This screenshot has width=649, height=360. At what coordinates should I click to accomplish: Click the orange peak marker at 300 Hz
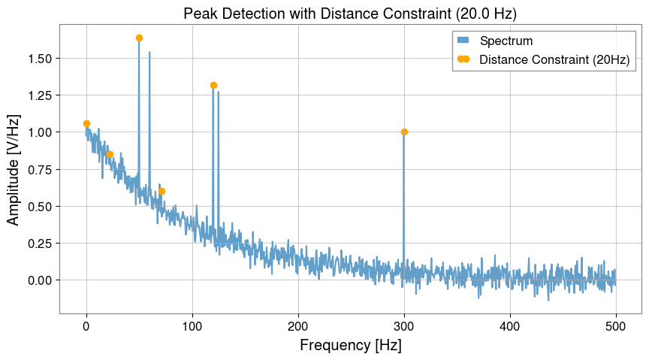(404, 132)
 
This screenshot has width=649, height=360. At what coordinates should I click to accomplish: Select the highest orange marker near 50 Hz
(139, 38)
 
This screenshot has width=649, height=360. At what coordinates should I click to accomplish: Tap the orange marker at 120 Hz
(213, 85)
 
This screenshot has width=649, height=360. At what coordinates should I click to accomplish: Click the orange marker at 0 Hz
(86, 123)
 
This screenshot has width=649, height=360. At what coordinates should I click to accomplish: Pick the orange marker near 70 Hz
(161, 191)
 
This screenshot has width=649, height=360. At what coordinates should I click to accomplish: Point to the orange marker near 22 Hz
(110, 154)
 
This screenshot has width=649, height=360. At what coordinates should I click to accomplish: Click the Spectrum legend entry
(507, 40)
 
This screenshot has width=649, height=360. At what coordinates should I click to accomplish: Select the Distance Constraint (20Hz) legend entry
(554, 59)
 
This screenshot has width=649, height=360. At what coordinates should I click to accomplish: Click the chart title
(350, 13)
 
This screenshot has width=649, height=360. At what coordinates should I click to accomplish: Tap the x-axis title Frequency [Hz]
(350, 346)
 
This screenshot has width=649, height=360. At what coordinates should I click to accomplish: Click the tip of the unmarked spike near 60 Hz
(149, 52)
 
